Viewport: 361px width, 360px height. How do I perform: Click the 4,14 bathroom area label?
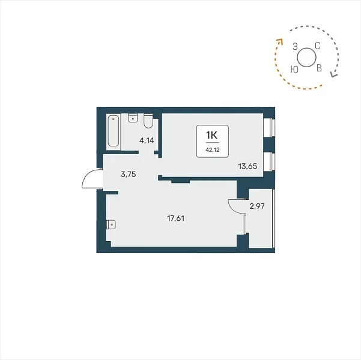(147, 140)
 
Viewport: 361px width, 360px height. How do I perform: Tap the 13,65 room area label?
(247, 166)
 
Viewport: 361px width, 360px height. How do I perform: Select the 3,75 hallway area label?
(128, 175)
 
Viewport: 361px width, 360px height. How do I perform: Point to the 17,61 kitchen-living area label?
(175, 218)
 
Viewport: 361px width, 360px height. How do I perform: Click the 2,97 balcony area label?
(257, 206)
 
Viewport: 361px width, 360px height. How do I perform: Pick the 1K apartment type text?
(211, 136)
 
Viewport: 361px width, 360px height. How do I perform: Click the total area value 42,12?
(213, 150)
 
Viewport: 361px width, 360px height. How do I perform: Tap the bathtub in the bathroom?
(114, 131)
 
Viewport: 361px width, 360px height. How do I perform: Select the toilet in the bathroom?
(148, 121)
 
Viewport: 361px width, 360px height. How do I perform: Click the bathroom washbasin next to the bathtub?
(133, 118)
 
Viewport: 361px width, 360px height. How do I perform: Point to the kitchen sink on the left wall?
(111, 224)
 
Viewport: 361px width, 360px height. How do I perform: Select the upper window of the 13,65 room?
(269, 128)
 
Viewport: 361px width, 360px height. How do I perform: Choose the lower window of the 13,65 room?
(269, 162)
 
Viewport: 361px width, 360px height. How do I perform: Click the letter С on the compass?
(318, 46)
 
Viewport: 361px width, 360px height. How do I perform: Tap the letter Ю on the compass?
(294, 69)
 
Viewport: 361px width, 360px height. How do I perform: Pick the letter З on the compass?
(295, 46)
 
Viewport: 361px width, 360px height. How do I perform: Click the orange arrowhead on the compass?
(280, 41)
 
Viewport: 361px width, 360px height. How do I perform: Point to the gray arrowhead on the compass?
(333, 74)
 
